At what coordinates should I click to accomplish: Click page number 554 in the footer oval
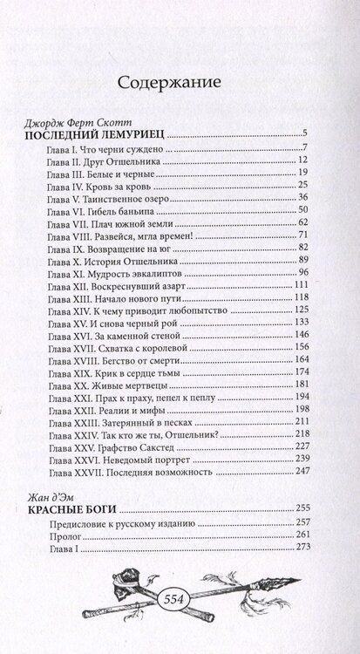click(x=178, y=595)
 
